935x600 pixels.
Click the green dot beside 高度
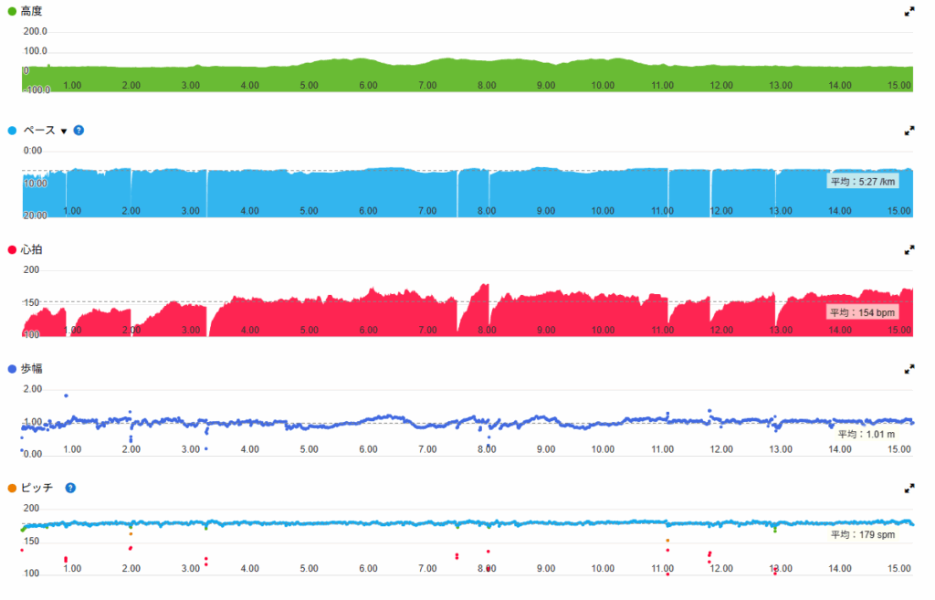pos(12,11)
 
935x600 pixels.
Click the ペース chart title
pos(38,131)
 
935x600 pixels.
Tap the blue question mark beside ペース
pos(79,131)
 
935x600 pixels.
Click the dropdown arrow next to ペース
pos(64,132)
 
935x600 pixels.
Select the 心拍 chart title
pos(32,249)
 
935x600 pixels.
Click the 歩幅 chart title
pos(32,368)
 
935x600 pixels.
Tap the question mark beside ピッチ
pos(70,488)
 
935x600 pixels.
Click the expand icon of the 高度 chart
pos(909,12)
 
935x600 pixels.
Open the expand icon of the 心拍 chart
pos(909,249)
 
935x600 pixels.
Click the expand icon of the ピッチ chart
pos(909,488)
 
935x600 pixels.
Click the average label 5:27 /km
pos(862,182)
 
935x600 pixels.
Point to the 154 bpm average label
pos(862,312)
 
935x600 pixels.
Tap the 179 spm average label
pos(862,534)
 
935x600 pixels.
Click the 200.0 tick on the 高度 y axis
pos(37,31)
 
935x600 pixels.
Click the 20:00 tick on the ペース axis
pos(34,216)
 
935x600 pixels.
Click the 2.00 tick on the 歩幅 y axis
pos(32,389)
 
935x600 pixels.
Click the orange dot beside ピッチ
pos(12,488)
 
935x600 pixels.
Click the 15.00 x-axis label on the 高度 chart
pos(899,86)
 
